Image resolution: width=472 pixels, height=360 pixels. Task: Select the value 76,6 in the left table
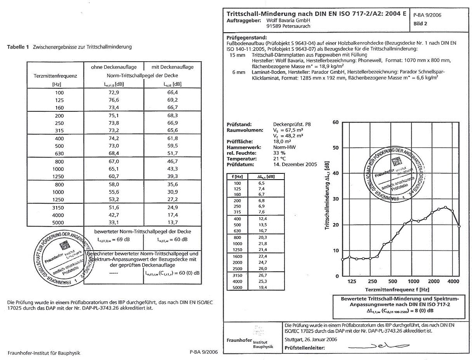point(114,100)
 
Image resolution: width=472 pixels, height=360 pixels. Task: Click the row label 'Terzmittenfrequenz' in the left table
point(56,76)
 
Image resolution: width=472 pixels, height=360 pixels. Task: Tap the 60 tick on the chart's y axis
point(335,123)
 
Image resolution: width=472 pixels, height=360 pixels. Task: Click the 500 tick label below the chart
point(392,281)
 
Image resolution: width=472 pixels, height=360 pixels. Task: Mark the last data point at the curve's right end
point(460,226)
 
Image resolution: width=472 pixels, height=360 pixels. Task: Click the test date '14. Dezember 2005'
point(295,164)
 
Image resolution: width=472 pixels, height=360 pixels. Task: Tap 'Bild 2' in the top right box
point(420,24)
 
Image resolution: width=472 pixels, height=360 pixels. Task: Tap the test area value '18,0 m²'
point(282,142)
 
